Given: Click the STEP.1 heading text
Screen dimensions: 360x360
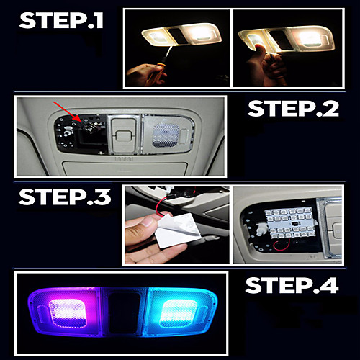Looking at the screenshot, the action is (x=61, y=20).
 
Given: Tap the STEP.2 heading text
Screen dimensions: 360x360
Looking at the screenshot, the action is (x=293, y=109).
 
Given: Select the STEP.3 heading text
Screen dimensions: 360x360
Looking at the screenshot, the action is (x=65, y=197).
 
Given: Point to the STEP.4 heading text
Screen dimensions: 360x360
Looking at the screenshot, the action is (x=292, y=285).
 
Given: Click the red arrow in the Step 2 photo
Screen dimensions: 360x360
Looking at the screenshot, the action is (x=68, y=111).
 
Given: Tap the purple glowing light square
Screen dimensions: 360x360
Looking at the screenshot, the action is (x=68, y=313).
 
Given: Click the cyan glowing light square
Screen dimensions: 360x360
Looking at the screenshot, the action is (x=179, y=313).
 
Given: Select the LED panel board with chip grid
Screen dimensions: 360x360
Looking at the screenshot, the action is (x=290, y=223).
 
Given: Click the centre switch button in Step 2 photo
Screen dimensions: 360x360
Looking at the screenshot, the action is (x=123, y=136).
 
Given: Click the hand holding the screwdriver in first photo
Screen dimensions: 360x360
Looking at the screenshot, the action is (x=146, y=74).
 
